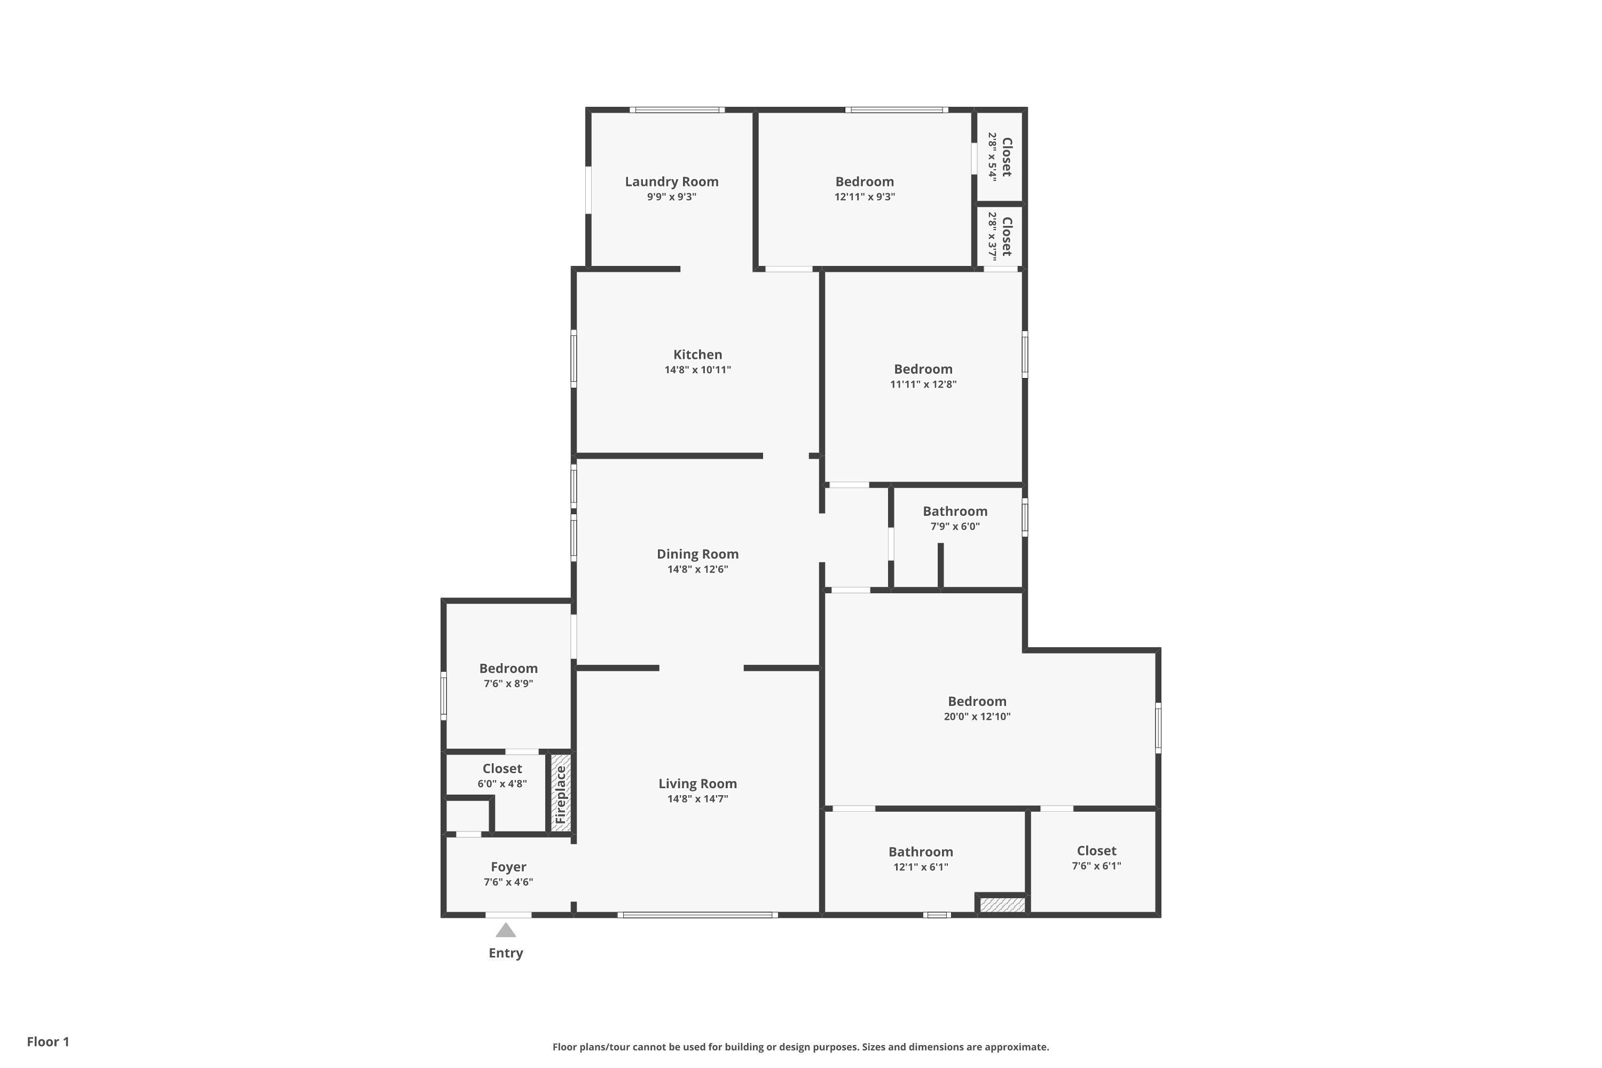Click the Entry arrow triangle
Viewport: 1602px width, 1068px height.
click(505, 930)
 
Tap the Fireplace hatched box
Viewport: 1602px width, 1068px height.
click(561, 793)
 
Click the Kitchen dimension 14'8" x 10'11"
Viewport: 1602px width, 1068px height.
click(697, 370)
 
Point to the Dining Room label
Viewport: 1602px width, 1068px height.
click(697, 554)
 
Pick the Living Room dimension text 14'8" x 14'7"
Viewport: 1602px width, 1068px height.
click(697, 799)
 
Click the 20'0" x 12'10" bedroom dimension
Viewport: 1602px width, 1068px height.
click(977, 717)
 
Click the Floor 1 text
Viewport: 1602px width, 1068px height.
click(48, 1041)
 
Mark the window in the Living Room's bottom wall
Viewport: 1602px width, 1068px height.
click(697, 915)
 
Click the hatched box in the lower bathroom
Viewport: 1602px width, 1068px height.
click(1001, 905)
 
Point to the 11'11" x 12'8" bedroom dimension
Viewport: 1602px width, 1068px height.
click(923, 384)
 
